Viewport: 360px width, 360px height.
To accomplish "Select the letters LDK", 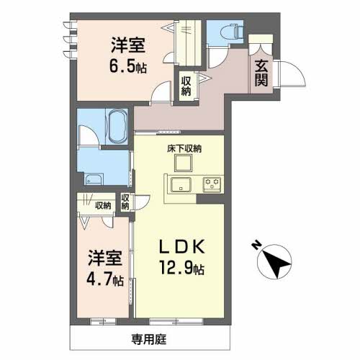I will pos(182,247).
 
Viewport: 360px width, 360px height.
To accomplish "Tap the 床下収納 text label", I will pos(184,149).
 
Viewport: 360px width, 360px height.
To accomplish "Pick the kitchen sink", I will pos(178,184).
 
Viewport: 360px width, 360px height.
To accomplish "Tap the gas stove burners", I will pos(212,184).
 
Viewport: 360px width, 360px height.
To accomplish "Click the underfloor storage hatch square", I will pos(178,163).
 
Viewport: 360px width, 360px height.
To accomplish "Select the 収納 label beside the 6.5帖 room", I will pos(186,86).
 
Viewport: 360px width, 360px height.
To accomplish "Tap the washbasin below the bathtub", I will pos(94,180).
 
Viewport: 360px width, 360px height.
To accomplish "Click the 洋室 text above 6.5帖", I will pos(130,45).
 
